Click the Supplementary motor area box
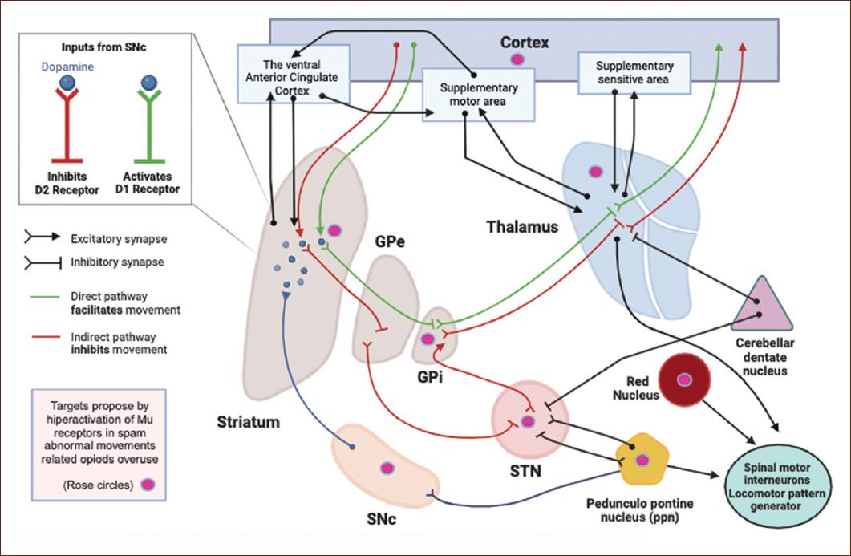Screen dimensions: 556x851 [479, 94]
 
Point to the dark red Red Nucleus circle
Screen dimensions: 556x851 [684, 379]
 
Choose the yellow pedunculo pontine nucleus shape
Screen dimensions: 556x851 [642, 460]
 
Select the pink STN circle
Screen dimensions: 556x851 [527, 420]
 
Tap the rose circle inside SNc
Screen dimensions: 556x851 [387, 468]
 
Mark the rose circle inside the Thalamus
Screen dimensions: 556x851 [595, 170]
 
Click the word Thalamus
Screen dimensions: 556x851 [521, 227]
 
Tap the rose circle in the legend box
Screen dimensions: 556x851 [148, 485]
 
